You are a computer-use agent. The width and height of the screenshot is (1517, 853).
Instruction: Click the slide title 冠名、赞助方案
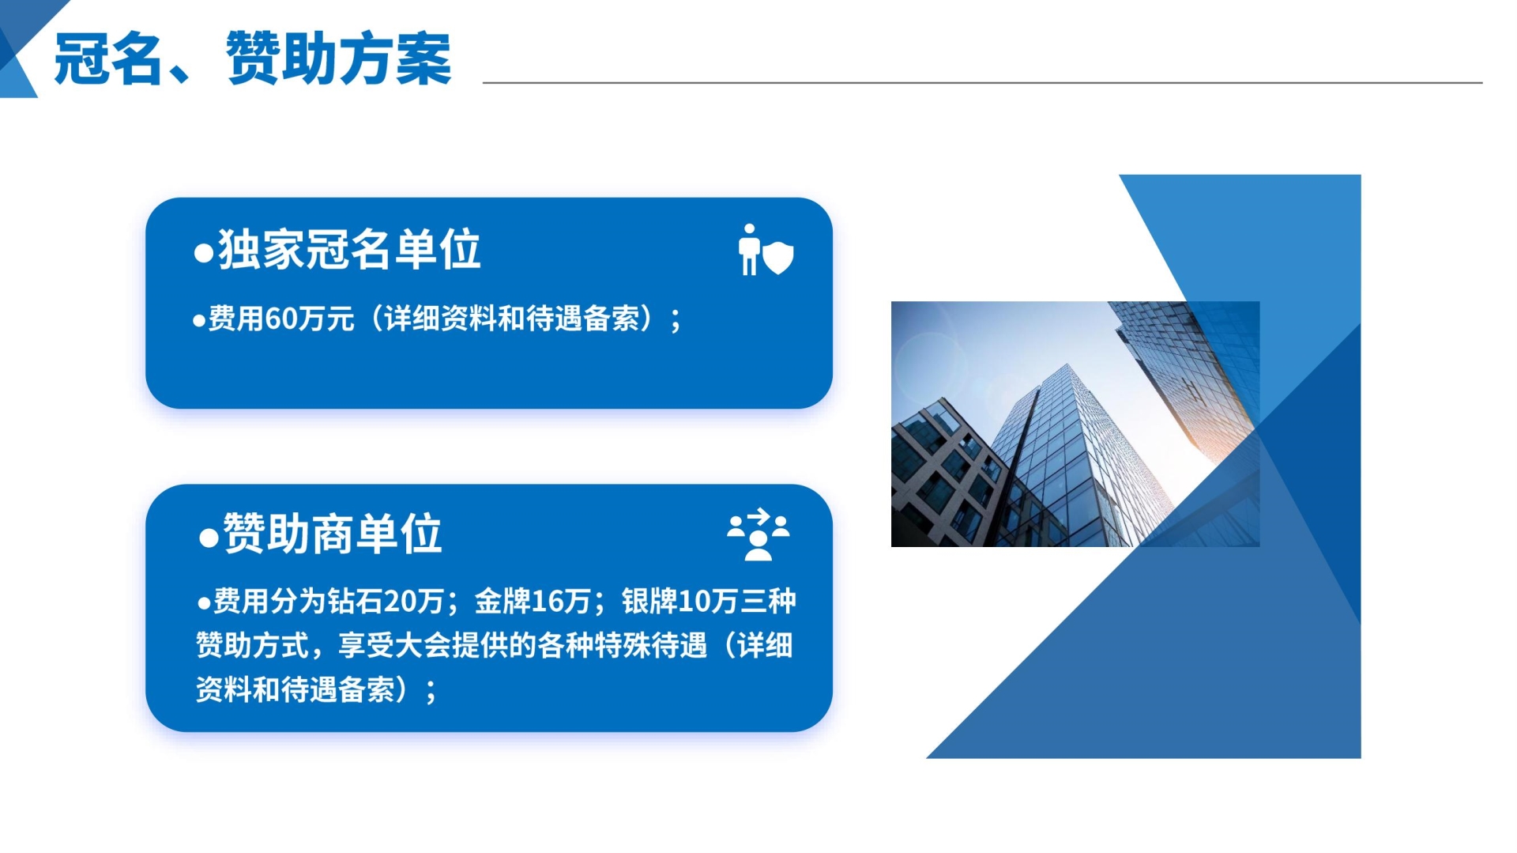coord(253,59)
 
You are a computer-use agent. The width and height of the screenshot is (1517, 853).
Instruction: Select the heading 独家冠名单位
coord(349,250)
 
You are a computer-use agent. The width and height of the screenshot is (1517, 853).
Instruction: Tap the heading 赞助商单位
coord(332,534)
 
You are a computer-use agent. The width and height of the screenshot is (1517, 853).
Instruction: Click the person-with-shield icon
coord(766,250)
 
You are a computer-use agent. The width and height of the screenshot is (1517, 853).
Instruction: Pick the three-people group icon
coord(758,534)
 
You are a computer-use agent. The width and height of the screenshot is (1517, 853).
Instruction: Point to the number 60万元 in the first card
coord(309,319)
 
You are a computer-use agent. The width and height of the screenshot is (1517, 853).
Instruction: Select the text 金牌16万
coord(533,602)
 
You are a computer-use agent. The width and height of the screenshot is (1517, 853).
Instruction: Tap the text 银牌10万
coord(679,602)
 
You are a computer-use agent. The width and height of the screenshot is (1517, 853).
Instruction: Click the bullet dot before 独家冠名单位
coord(204,253)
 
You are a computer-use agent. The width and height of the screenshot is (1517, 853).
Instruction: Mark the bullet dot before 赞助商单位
coord(209,538)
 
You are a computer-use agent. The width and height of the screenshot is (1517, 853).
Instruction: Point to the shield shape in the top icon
coord(778,258)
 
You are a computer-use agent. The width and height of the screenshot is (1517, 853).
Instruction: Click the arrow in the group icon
coord(758,516)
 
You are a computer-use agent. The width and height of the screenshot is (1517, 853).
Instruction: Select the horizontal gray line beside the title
coord(982,82)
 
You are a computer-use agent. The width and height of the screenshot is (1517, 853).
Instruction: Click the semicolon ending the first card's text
coord(676,321)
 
